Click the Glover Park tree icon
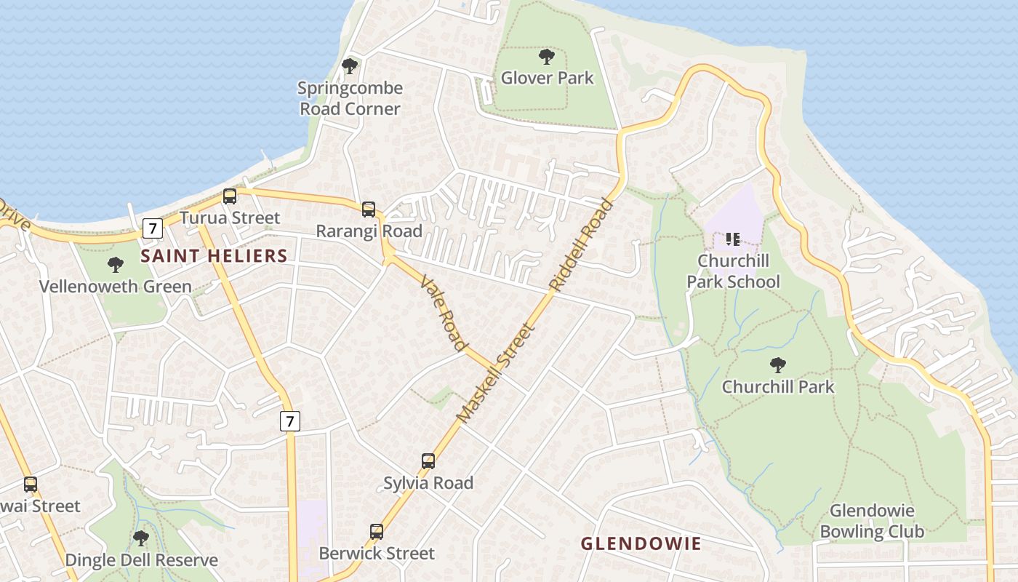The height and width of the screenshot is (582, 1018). point(547,56)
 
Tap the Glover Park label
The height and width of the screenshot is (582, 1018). point(547,78)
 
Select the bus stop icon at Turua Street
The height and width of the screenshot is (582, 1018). point(230,196)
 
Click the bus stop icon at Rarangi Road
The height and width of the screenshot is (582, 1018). point(369,210)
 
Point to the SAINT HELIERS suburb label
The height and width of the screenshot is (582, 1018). point(214,256)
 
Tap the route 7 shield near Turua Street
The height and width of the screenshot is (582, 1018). point(151,228)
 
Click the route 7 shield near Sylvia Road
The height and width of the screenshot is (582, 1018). point(289,420)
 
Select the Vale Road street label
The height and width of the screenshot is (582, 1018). point(443,312)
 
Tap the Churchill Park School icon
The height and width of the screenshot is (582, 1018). point(732,239)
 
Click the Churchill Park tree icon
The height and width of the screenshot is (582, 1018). point(778,364)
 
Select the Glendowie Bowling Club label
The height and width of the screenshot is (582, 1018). point(872,521)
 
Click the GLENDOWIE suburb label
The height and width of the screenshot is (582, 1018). point(641,543)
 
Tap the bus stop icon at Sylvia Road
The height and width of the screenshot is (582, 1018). point(428,461)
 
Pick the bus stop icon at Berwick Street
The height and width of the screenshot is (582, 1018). point(377,532)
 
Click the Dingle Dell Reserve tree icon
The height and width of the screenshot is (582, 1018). point(141,538)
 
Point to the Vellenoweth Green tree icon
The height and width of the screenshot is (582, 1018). point(115,265)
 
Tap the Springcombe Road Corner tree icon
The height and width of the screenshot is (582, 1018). point(350,66)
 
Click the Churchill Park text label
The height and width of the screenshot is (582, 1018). point(778,387)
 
